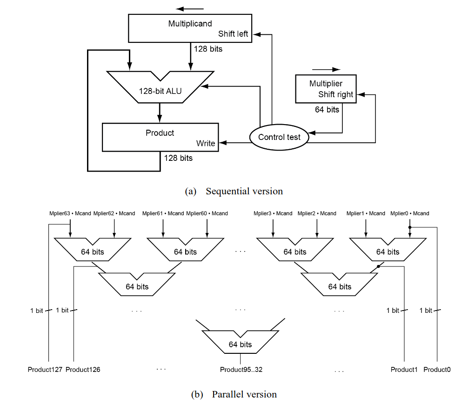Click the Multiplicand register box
click(190, 28)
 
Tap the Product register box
click(160, 137)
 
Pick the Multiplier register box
click(326, 88)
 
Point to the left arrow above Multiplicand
click(190, 9)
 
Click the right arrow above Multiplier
click(326, 69)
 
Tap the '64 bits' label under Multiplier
click(327, 110)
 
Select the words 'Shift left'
click(233, 34)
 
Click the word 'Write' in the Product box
click(206, 143)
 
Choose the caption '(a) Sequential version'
click(234, 191)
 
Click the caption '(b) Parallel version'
click(234, 395)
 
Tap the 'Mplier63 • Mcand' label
click(70, 213)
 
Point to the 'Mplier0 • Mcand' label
click(410, 213)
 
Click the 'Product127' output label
click(45, 370)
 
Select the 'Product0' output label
click(437, 370)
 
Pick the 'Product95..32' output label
click(240, 370)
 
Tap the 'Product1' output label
click(404, 370)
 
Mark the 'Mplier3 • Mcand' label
click(273, 213)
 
